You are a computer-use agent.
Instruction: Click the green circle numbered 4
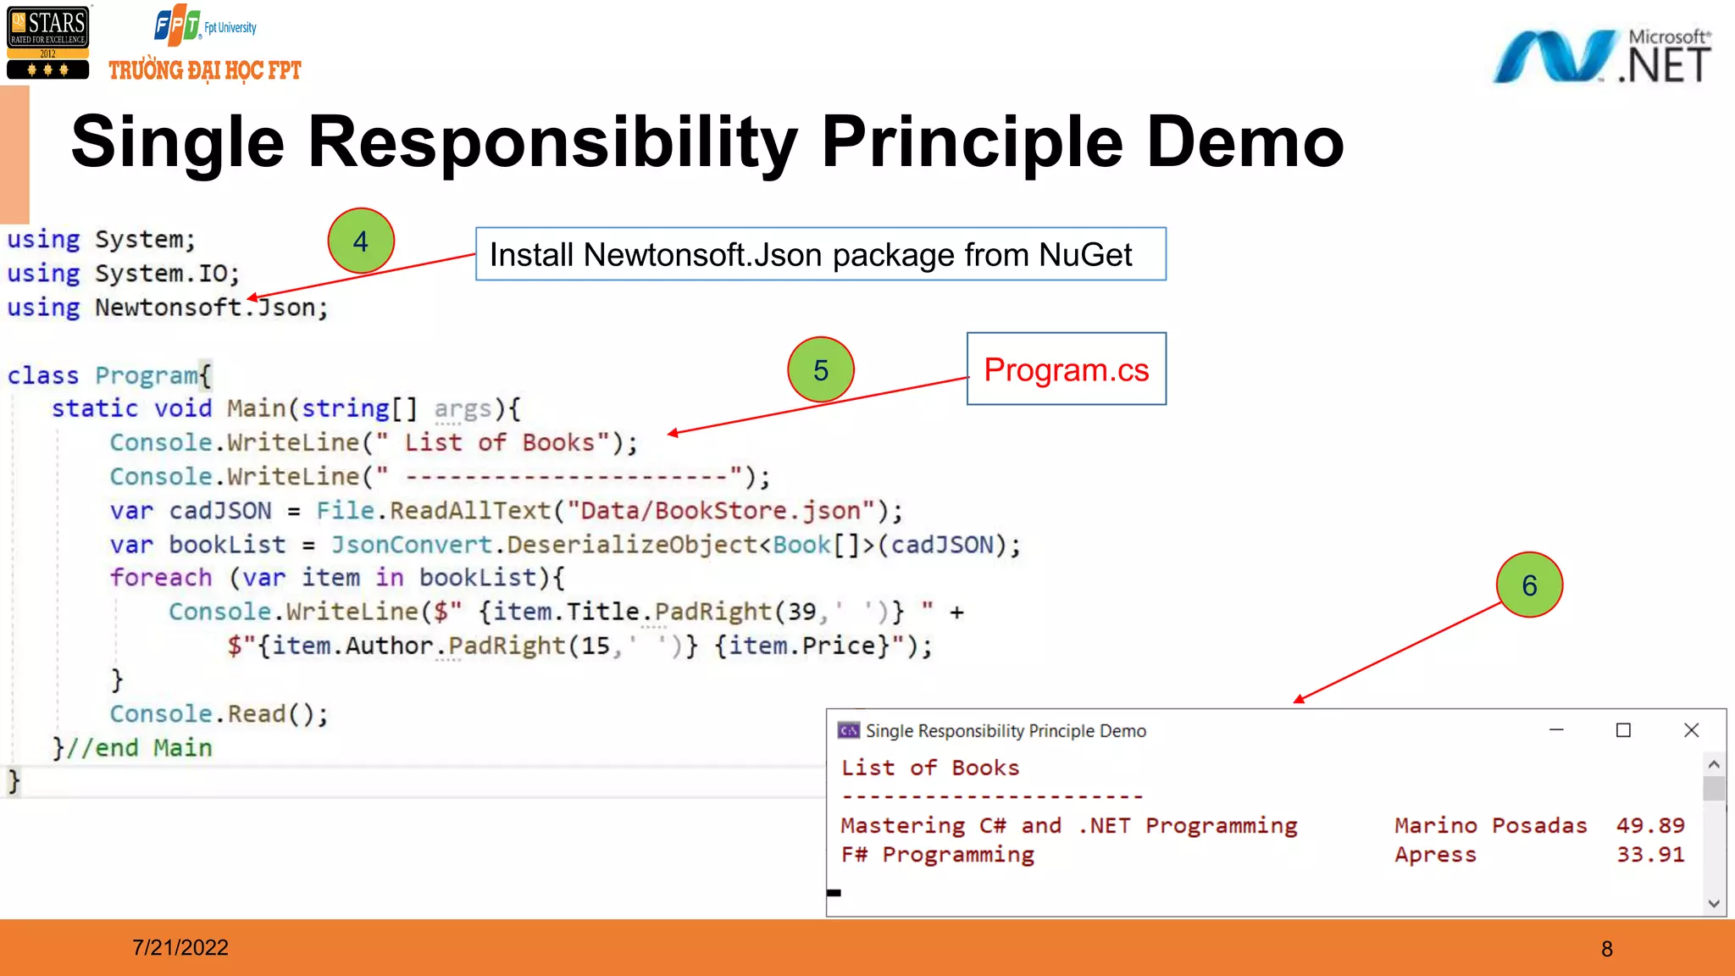(361, 241)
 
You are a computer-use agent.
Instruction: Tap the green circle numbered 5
(820, 370)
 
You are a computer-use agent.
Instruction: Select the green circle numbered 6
(1529, 585)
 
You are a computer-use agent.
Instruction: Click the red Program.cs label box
(1066, 369)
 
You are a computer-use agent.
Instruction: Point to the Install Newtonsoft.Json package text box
(820, 254)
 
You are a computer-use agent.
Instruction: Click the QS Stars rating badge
(47, 42)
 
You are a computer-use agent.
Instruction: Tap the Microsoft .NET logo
(1601, 58)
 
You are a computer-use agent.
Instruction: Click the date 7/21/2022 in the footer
(180, 947)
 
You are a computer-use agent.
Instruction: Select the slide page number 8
(1606, 949)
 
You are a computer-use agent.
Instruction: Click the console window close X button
(1691, 730)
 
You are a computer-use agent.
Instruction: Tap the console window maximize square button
(1623, 730)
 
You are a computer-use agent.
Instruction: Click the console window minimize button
(1556, 730)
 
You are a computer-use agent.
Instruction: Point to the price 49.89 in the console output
(1649, 825)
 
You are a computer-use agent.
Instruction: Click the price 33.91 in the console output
(1649, 854)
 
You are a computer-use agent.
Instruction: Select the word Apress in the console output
(1435, 854)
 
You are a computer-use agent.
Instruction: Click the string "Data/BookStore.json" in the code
(721, 511)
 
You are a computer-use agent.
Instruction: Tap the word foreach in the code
(161, 578)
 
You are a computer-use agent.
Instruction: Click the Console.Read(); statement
(219, 714)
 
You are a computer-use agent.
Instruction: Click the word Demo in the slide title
(1244, 142)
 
